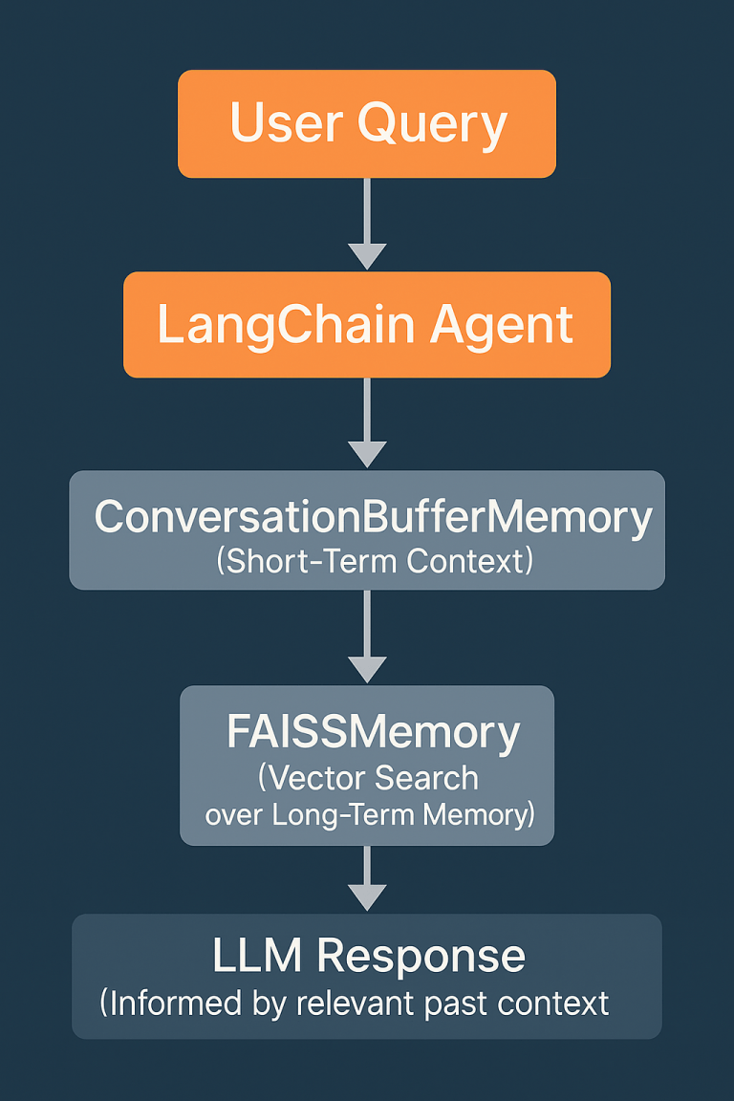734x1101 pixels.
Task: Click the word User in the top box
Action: (286, 123)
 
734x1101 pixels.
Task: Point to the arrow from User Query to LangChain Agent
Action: (367, 225)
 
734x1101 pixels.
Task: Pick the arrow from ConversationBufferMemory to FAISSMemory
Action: (367, 637)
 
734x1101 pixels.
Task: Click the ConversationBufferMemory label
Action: (373, 517)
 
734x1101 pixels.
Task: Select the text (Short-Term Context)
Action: (374, 560)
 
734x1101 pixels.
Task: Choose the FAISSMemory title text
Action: (373, 733)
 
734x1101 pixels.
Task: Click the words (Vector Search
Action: (368, 778)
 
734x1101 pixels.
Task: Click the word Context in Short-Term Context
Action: (468, 560)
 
